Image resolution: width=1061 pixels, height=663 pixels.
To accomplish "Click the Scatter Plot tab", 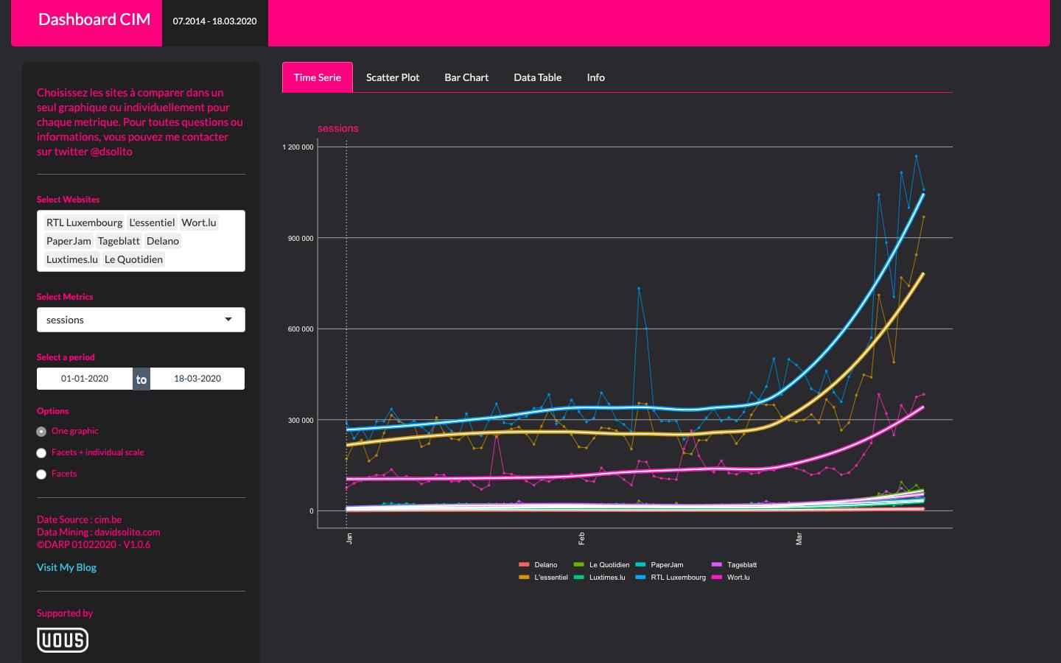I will tap(393, 77).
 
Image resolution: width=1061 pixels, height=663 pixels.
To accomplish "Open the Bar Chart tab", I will tap(466, 77).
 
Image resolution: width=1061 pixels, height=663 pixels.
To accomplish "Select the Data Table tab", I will tap(537, 77).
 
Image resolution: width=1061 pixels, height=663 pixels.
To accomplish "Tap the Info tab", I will tap(595, 77).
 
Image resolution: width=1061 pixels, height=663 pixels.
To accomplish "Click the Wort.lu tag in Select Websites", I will tap(199, 222).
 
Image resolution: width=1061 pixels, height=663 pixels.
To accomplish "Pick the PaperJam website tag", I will tap(69, 241).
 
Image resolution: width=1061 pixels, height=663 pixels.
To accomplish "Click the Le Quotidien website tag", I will tap(133, 259).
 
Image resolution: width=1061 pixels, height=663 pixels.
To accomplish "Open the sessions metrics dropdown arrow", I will tap(228, 320).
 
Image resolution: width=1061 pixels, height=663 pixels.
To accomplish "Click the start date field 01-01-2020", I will tap(85, 379).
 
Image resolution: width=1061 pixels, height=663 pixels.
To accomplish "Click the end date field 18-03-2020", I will tap(197, 379).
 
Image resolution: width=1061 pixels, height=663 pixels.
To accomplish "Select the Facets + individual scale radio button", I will tap(42, 453).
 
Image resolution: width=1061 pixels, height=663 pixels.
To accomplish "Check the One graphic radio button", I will tap(42, 432).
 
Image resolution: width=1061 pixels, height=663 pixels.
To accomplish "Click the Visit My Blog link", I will tap(66, 567).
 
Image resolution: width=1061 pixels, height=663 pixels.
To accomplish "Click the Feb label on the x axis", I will tap(581, 539).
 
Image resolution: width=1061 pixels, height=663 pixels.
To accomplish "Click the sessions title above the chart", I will tap(337, 128).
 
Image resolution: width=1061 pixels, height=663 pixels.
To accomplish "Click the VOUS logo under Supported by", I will tap(63, 640).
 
